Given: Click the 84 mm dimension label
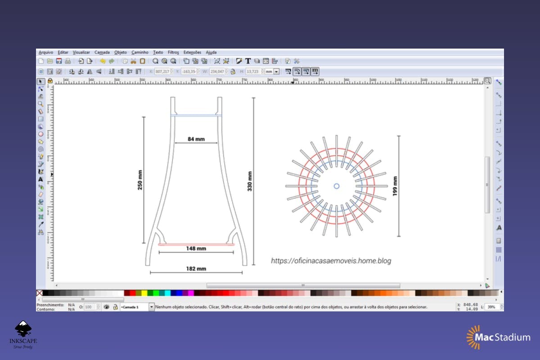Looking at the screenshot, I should (x=196, y=139).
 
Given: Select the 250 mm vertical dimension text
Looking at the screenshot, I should (x=140, y=180).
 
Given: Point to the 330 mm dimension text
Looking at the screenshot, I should (x=250, y=181).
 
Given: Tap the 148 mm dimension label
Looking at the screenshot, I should (x=196, y=248).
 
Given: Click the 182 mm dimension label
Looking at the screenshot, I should (x=196, y=269).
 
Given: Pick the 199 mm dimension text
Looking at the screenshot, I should (x=395, y=186).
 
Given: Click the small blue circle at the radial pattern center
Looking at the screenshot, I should (x=337, y=186).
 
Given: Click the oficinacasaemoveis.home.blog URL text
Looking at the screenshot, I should (x=331, y=261).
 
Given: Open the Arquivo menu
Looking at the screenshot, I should (x=45, y=52).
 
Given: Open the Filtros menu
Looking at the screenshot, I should (x=173, y=52).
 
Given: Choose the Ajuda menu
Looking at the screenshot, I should (x=211, y=52).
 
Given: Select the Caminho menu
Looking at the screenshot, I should (x=139, y=52).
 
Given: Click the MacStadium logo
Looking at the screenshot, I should (x=498, y=337).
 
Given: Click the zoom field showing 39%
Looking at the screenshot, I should (x=491, y=306).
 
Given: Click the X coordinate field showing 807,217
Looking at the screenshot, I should (x=162, y=72).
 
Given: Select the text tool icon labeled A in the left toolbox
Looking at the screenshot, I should (x=40, y=179).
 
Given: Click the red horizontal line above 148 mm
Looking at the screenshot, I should (x=196, y=244).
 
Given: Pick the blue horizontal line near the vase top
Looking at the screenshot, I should (x=196, y=116).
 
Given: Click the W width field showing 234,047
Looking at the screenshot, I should (x=216, y=72).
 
